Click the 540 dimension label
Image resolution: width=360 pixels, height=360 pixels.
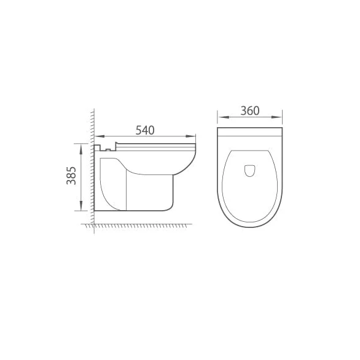[145, 130]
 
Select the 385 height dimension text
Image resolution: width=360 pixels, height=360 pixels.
[72, 177]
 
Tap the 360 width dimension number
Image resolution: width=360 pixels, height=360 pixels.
[250, 111]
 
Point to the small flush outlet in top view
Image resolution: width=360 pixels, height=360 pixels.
[250, 170]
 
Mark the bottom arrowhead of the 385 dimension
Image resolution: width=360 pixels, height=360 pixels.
[80, 209]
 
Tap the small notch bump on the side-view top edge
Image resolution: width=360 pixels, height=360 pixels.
[108, 147]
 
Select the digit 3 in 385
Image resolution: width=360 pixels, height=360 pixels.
[72, 185]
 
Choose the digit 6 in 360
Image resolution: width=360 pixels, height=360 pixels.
[250, 111]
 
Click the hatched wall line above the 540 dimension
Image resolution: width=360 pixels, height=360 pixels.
[92, 123]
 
